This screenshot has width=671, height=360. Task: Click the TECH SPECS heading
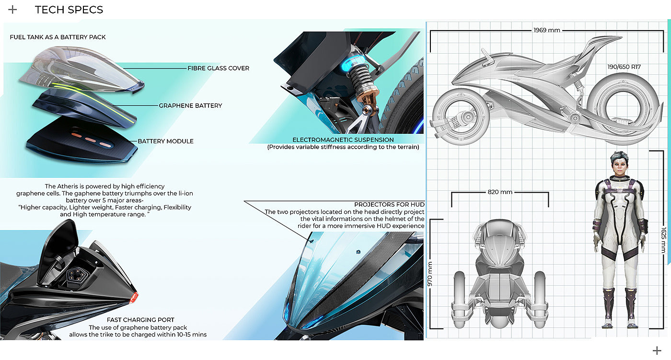coord(69,10)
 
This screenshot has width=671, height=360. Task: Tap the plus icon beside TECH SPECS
coord(13,10)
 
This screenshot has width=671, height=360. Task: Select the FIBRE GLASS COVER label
coord(218,68)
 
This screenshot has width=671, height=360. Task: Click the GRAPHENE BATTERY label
coord(190,105)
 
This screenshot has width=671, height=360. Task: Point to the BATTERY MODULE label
coord(165,141)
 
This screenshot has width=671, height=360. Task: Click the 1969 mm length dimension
coord(546,30)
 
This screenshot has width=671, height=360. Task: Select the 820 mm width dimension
coord(499,192)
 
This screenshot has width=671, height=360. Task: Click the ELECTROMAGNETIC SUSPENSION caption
coord(343,140)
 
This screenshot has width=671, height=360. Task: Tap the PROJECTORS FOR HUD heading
coord(389,205)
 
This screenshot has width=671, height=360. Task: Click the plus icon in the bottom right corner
coord(657,350)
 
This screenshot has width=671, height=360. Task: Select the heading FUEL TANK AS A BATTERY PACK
coord(58,37)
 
